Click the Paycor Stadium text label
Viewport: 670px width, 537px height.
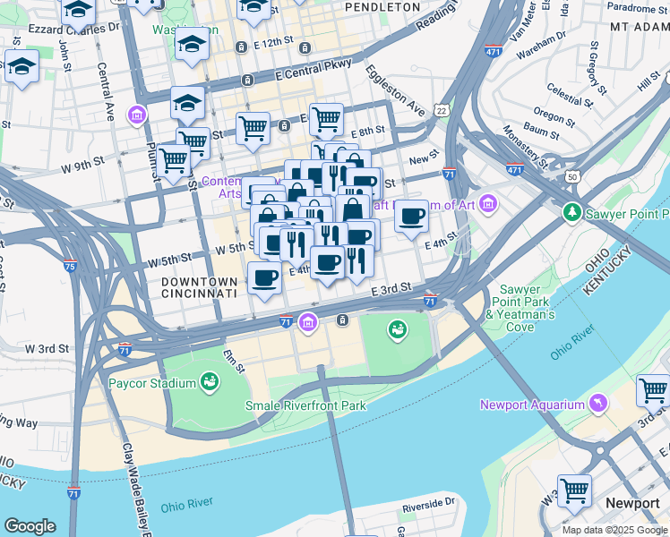pos(151,384)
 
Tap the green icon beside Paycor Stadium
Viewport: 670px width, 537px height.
pos(210,383)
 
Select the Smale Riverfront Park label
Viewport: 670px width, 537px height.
pos(306,405)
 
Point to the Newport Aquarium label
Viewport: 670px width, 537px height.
pos(532,405)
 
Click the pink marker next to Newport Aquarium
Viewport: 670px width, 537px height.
pos(597,405)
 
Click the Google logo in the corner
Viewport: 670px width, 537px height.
pos(30,526)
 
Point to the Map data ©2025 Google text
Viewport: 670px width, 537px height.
pos(615,530)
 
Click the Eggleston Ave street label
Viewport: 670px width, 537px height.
pos(395,89)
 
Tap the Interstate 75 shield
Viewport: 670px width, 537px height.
pos(70,265)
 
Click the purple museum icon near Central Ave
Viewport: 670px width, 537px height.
pos(136,115)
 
